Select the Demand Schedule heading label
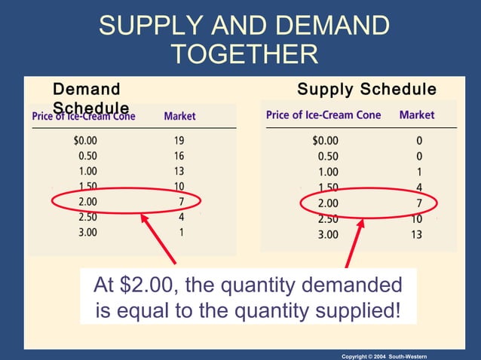89,98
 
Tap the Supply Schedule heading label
366,90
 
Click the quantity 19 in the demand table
179,140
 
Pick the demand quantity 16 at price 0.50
179,155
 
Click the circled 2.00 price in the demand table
87,201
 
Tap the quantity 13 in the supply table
416,235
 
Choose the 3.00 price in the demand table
87,232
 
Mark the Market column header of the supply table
417,115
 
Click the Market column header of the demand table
179,116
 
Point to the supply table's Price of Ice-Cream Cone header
323,115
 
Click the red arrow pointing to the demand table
159,239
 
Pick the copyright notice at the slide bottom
384,355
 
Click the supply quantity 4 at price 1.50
418,188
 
